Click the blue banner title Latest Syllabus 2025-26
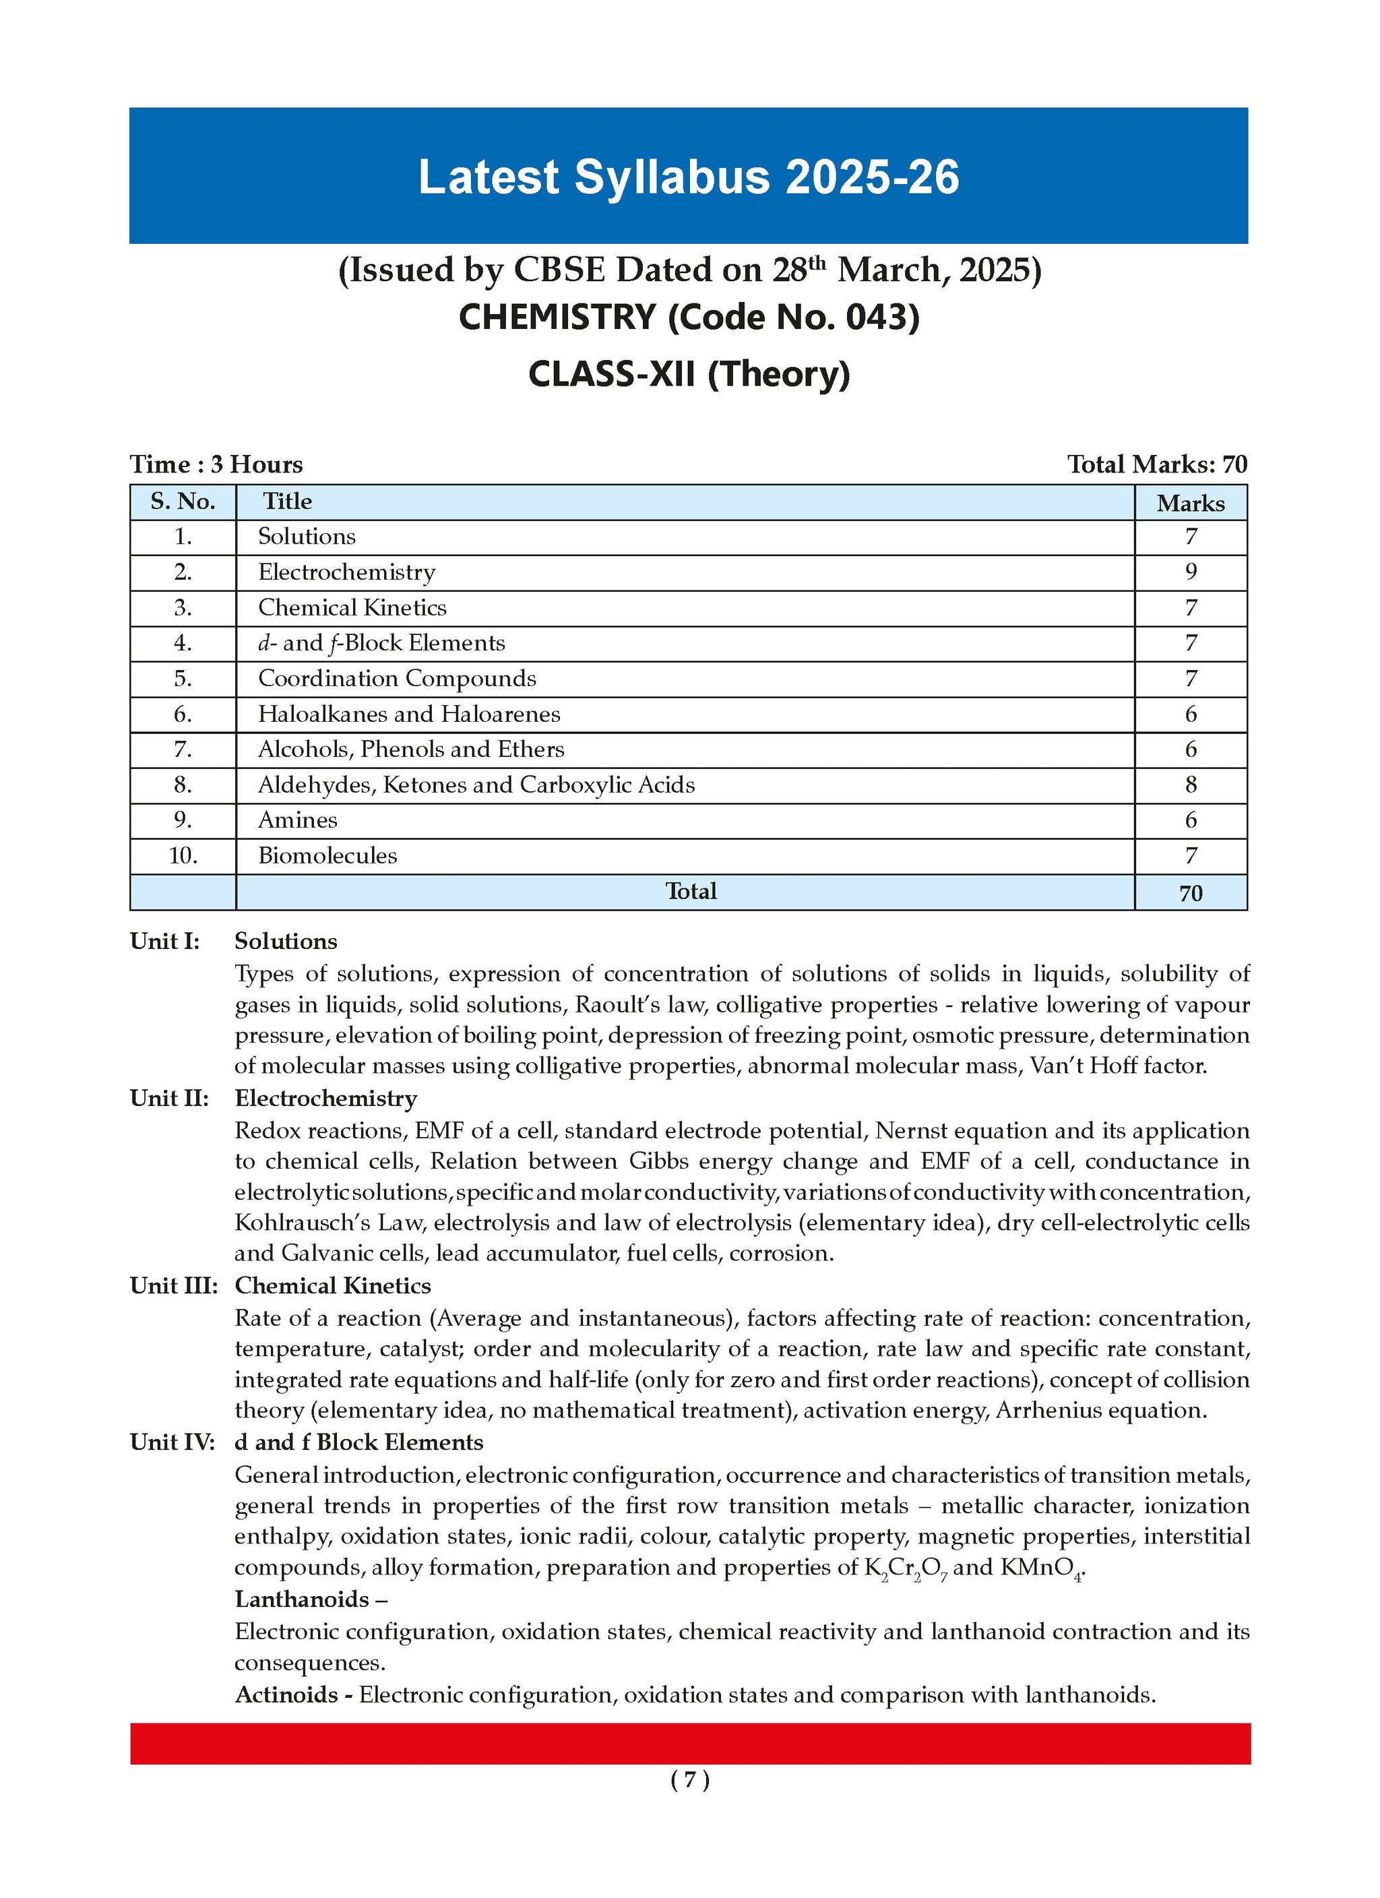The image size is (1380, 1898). pyautogui.click(x=688, y=177)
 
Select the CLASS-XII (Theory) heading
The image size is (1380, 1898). pyautogui.click(x=688, y=373)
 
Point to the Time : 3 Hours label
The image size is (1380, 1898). pyautogui.click(x=216, y=464)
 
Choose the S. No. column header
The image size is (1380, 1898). pyautogui.click(x=183, y=501)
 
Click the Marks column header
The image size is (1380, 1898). pyautogui.click(x=1190, y=503)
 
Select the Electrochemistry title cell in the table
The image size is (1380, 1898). pyautogui.click(x=346, y=572)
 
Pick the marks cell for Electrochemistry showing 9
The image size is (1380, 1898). pyautogui.click(x=1190, y=572)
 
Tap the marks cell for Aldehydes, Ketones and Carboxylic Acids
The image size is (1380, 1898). pyautogui.click(x=1190, y=785)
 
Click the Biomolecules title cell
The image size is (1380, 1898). pyautogui.click(x=327, y=856)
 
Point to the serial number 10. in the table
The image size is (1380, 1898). pyautogui.click(x=183, y=856)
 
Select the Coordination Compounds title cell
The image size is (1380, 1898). pyautogui.click(x=397, y=679)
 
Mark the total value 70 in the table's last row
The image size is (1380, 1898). pyautogui.click(x=1190, y=893)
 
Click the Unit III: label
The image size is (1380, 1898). pyautogui.click(x=173, y=1285)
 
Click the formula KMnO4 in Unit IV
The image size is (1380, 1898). pyautogui.click(x=1042, y=1568)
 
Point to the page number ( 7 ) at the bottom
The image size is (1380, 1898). pyautogui.click(x=689, y=1780)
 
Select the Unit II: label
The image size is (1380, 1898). pyautogui.click(x=169, y=1098)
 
